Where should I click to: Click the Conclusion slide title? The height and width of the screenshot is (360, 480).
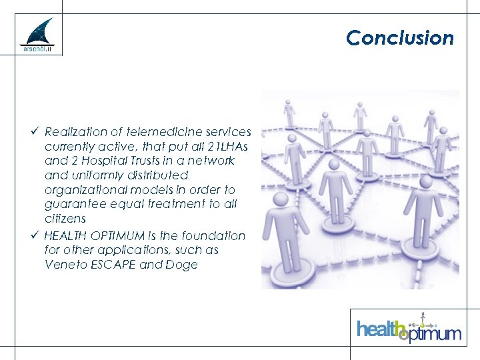pos(399,38)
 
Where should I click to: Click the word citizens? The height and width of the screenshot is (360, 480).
pos(65,219)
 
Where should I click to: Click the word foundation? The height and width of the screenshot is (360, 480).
pos(212,236)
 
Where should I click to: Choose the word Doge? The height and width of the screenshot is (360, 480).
pos(184,265)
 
